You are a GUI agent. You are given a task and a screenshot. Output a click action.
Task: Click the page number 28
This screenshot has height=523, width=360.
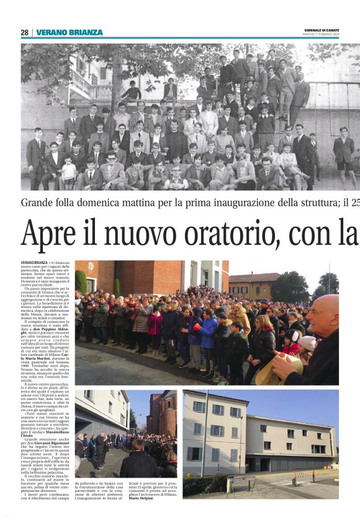[x=24, y=32]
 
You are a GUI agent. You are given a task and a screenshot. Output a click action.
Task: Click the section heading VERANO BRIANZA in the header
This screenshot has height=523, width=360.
[x=70, y=32]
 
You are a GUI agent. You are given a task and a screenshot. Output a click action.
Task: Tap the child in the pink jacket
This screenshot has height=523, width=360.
[x=155, y=324]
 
